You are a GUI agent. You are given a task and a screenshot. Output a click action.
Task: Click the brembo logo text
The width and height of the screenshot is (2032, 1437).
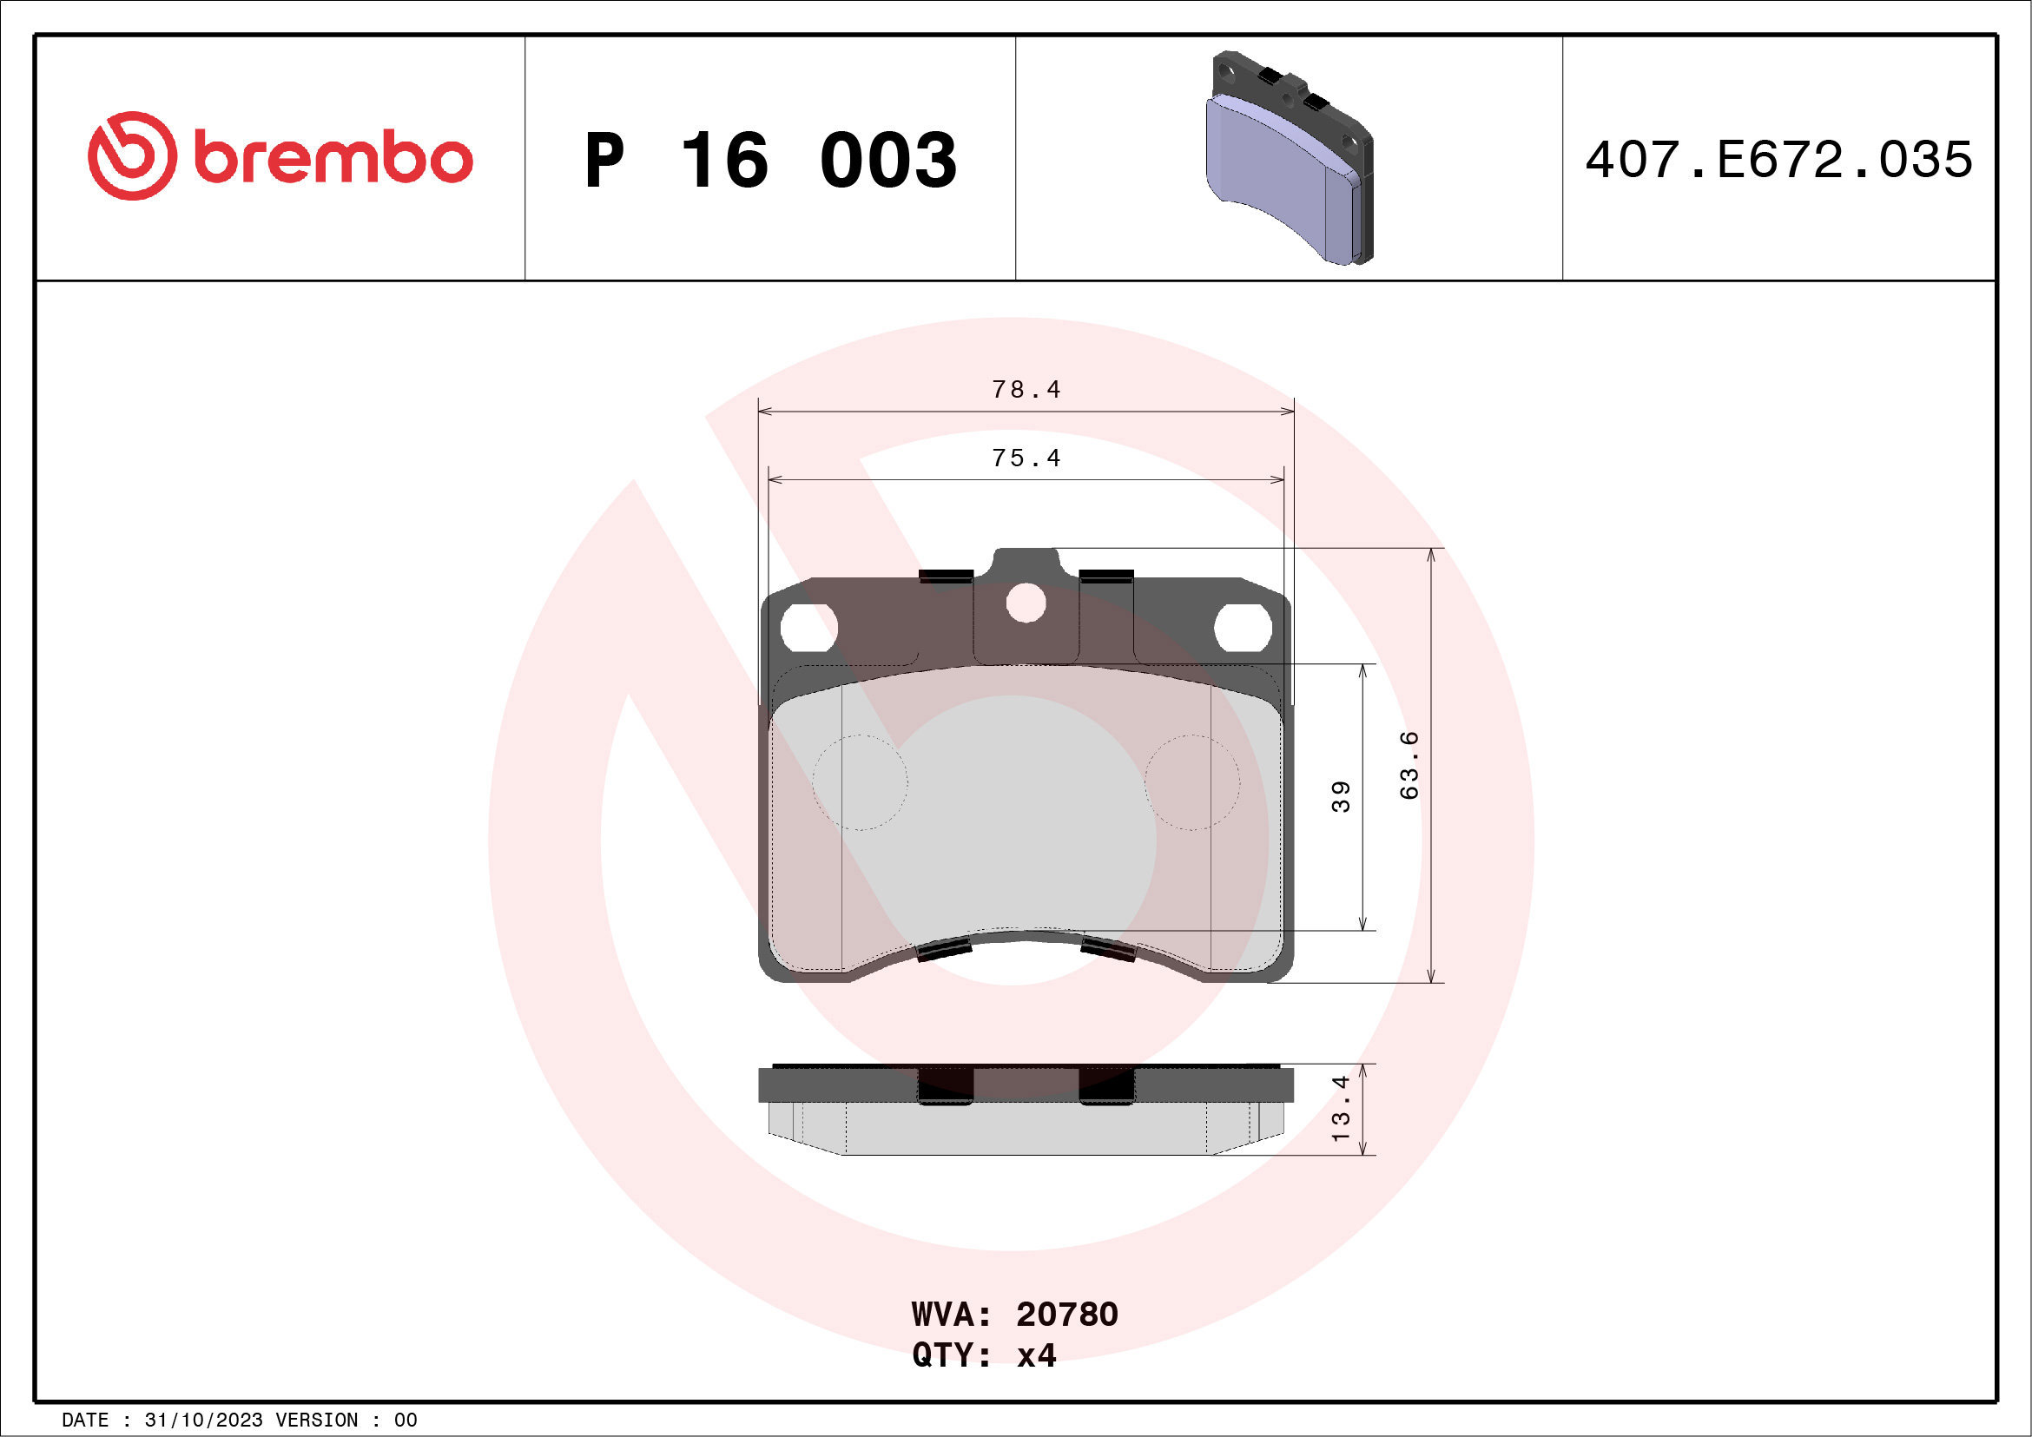point(333,159)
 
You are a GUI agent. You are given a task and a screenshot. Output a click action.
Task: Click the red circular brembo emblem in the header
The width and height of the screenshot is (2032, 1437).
point(132,155)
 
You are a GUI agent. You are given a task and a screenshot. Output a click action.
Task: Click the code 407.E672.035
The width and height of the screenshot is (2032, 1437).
point(1779,160)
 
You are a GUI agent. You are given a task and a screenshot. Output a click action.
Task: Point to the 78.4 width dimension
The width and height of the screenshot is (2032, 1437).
point(1026,389)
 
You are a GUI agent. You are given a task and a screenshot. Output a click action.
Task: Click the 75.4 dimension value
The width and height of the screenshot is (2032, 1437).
point(1026,458)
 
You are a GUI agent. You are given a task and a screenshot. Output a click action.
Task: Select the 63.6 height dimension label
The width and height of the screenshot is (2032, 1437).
point(1409,766)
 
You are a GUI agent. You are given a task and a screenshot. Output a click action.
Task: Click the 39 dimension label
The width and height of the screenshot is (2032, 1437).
point(1341,796)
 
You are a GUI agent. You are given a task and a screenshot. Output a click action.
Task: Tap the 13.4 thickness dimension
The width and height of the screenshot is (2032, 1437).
point(1341,1108)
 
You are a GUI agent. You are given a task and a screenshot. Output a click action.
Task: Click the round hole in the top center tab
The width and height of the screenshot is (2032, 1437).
point(1026,604)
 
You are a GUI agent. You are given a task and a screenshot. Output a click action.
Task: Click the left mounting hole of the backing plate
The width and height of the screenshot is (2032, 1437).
point(808,628)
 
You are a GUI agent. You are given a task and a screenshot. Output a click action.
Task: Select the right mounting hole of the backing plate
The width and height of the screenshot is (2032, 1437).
point(1243,628)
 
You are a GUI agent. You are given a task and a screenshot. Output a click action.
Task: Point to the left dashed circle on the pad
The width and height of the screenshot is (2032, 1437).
point(861,782)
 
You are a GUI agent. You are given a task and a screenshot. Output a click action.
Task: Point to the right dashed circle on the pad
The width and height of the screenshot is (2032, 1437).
point(1192,782)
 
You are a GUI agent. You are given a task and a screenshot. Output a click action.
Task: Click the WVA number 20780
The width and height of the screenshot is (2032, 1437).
point(1066,1314)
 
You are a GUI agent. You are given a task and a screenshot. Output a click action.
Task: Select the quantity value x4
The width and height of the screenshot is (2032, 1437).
point(1036,1355)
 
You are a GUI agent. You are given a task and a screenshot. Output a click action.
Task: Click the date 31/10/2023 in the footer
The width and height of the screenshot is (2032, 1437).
point(203,1421)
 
